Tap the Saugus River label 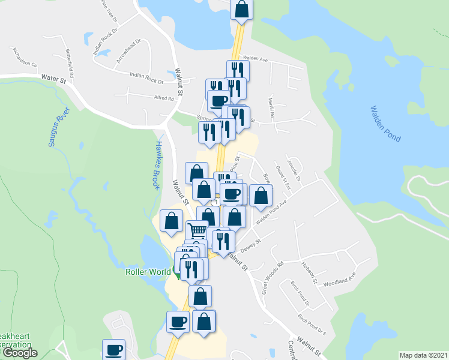pos(59,127)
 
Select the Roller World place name pos(148,272)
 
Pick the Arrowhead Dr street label pos(128,52)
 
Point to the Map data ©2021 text pos(423,355)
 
